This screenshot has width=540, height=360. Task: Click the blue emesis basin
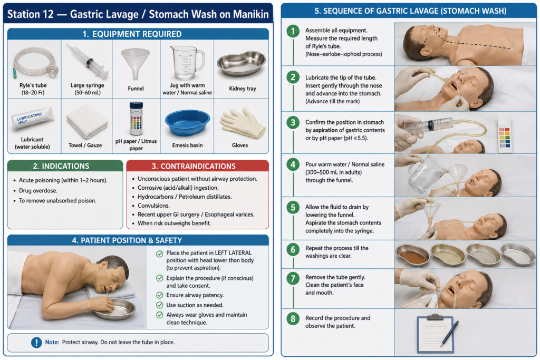pos(187,122)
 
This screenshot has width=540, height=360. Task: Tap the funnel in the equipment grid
pos(136,63)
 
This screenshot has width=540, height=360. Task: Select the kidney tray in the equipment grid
pos(242,63)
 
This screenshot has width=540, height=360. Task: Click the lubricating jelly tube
pos(32,118)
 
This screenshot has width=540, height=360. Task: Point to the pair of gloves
pos(243,123)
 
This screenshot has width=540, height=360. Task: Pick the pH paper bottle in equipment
pos(136,119)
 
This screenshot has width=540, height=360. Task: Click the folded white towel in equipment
pos(87,121)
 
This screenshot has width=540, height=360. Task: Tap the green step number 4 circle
pos(293,164)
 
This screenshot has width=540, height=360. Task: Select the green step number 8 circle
pos(293,318)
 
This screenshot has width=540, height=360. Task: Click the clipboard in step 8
pos(435,334)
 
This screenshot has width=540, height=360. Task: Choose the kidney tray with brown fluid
pos(412,255)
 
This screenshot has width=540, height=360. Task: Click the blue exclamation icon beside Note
pos(36,343)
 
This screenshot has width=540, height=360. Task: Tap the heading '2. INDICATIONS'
pos(61,166)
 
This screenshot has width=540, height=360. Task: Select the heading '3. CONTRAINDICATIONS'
pos(194,166)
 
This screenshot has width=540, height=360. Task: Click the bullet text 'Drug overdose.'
pos(38,191)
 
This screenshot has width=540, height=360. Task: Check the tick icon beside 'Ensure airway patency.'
pos(159,295)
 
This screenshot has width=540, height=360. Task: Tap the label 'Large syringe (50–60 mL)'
pos(87,89)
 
